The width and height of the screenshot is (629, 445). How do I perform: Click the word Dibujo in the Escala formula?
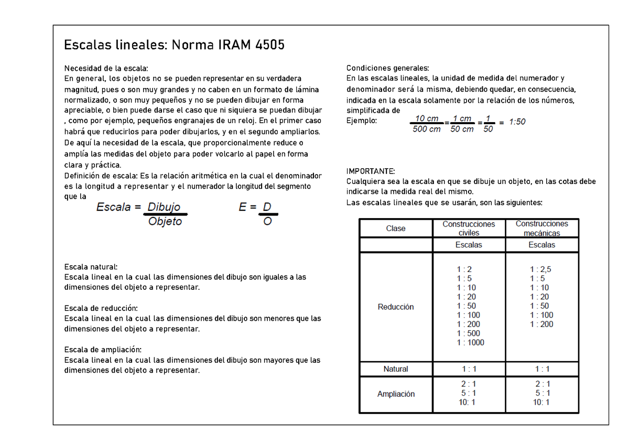pyautogui.click(x=164, y=207)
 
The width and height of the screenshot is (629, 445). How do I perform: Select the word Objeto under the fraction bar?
pyautogui.click(x=165, y=222)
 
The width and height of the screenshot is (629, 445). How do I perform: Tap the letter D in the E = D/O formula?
pyautogui.click(x=267, y=207)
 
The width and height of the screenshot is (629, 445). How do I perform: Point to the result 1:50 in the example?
pyautogui.click(x=516, y=122)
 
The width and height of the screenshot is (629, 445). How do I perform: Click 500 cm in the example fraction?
pyautogui.click(x=426, y=129)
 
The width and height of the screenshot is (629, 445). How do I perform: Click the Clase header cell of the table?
pyautogui.click(x=396, y=229)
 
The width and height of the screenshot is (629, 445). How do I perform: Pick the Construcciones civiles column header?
pyautogui.click(x=469, y=229)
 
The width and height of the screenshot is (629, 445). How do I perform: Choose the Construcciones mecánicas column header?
pyautogui.click(x=541, y=229)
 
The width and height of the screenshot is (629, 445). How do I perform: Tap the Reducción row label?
pyautogui.click(x=396, y=307)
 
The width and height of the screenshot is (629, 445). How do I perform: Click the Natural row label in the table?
pyautogui.click(x=396, y=369)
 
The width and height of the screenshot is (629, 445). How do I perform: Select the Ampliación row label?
pyautogui.click(x=396, y=394)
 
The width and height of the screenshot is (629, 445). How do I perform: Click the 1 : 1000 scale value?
pyautogui.click(x=470, y=343)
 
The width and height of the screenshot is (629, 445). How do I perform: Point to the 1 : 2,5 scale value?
pyautogui.click(x=541, y=269)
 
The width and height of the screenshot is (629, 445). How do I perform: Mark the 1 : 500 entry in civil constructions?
pyautogui.click(x=468, y=333)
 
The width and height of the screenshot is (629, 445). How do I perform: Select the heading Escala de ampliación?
pyautogui.click(x=103, y=350)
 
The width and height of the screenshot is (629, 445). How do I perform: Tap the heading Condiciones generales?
pyautogui.click(x=387, y=68)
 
